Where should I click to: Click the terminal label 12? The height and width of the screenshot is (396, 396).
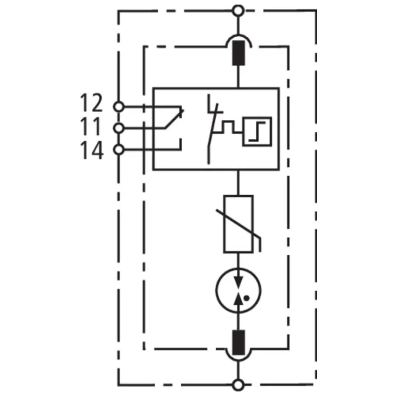click(x=91, y=102)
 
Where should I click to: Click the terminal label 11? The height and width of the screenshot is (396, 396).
click(x=90, y=126)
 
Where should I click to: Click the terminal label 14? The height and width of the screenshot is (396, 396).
click(x=92, y=150)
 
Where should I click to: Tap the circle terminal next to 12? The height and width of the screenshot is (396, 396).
click(x=118, y=107)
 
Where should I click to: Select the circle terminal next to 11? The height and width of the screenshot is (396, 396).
click(x=118, y=128)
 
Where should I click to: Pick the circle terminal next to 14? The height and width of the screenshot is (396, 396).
click(x=118, y=150)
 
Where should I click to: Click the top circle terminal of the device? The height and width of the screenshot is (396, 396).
click(x=238, y=11)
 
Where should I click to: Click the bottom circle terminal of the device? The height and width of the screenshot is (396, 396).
click(x=238, y=385)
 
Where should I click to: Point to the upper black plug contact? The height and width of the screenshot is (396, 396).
click(x=239, y=53)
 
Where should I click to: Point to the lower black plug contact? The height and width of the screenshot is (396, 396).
click(x=239, y=342)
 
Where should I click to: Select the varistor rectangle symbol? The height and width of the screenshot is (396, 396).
click(x=239, y=224)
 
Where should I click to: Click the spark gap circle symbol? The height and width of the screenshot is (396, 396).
click(x=238, y=290)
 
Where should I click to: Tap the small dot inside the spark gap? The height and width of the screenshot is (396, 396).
click(x=247, y=298)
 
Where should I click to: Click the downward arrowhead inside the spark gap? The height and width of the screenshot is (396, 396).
click(x=238, y=282)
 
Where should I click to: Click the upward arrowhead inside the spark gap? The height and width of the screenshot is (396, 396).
click(x=238, y=299)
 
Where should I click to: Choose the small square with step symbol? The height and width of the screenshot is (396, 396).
click(x=257, y=131)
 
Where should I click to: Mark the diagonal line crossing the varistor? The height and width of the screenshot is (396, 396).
click(x=239, y=224)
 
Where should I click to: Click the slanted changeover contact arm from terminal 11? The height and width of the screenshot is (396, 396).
click(x=174, y=119)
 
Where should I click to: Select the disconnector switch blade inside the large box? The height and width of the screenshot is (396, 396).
click(x=212, y=129)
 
